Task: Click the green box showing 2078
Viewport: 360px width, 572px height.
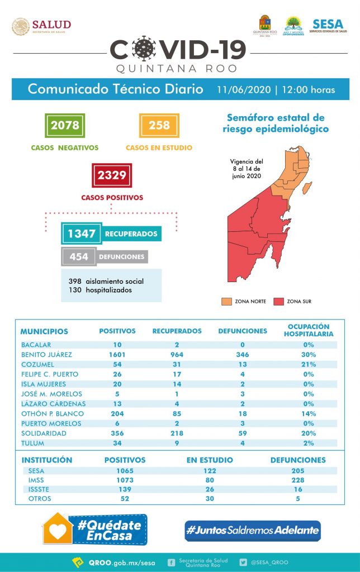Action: point(65,125)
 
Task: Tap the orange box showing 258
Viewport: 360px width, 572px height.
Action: point(159,125)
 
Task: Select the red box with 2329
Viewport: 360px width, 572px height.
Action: point(112,175)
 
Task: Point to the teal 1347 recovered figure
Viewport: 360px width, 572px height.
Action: point(82,233)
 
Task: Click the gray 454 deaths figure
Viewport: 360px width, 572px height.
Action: point(79,256)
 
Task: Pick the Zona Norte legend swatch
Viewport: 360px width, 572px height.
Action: point(226,302)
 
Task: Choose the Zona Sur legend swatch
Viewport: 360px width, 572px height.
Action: point(278,302)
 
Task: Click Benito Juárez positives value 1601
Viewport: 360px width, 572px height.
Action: point(117,354)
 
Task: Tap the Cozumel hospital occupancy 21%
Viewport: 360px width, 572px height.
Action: point(307,364)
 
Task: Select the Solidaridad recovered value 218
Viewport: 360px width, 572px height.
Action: point(177,433)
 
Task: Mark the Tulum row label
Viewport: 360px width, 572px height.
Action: point(32,444)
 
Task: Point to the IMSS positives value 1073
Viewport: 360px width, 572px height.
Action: point(125,480)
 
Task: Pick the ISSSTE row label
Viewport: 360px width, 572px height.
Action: point(39,489)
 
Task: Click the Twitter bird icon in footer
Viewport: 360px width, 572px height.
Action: point(243,562)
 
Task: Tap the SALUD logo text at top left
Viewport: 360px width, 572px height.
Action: point(51,25)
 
